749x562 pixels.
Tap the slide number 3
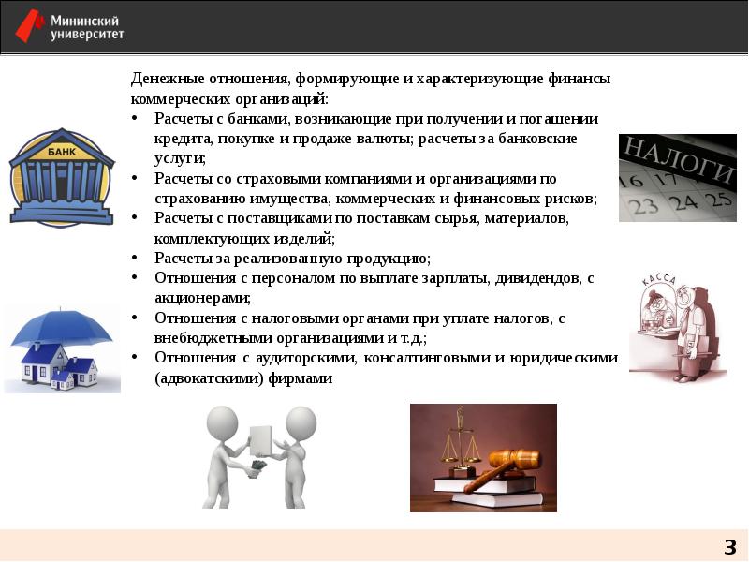point(729,547)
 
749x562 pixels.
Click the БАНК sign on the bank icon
point(62,151)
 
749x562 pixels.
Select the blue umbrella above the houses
point(60,327)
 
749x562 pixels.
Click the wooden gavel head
point(516,459)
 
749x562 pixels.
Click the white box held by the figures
point(261,439)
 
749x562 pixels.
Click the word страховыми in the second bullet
point(267,178)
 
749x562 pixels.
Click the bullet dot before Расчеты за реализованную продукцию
point(136,258)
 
